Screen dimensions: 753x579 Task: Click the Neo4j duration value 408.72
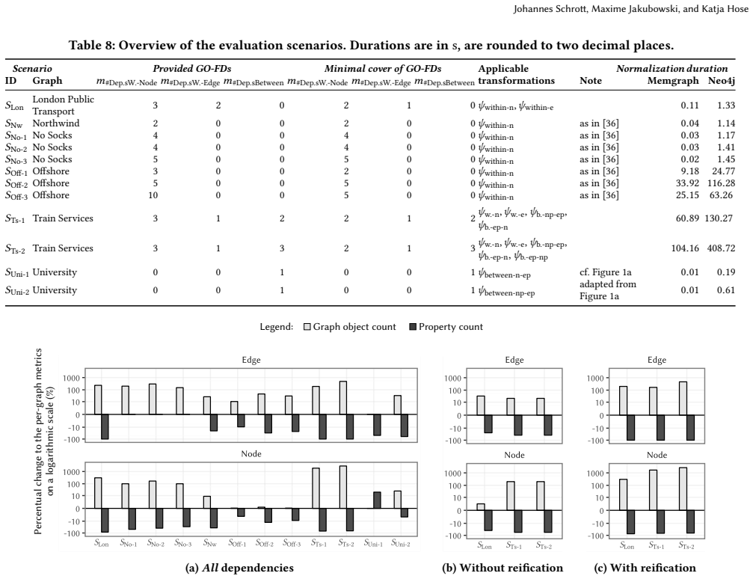click(721, 248)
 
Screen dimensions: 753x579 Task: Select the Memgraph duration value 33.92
click(687, 183)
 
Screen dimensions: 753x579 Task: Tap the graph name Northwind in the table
click(55, 123)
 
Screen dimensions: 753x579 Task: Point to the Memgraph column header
click(673, 81)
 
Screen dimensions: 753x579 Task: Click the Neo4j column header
click(722, 81)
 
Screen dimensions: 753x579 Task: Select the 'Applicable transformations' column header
click(516, 75)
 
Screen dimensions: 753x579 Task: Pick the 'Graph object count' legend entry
click(350, 327)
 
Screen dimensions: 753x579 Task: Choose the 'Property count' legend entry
click(446, 327)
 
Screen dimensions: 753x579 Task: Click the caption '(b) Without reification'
click(502, 568)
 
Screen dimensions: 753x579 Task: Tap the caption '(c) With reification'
click(645, 568)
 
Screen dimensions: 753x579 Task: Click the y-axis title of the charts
click(44, 441)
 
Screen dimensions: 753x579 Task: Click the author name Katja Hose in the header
click(724, 9)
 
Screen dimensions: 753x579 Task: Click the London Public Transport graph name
click(63, 105)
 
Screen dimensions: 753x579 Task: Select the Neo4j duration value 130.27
click(719, 218)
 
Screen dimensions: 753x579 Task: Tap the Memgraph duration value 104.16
click(685, 248)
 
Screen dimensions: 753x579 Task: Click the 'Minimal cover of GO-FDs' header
click(383, 69)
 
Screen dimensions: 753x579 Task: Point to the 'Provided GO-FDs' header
click(192, 69)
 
